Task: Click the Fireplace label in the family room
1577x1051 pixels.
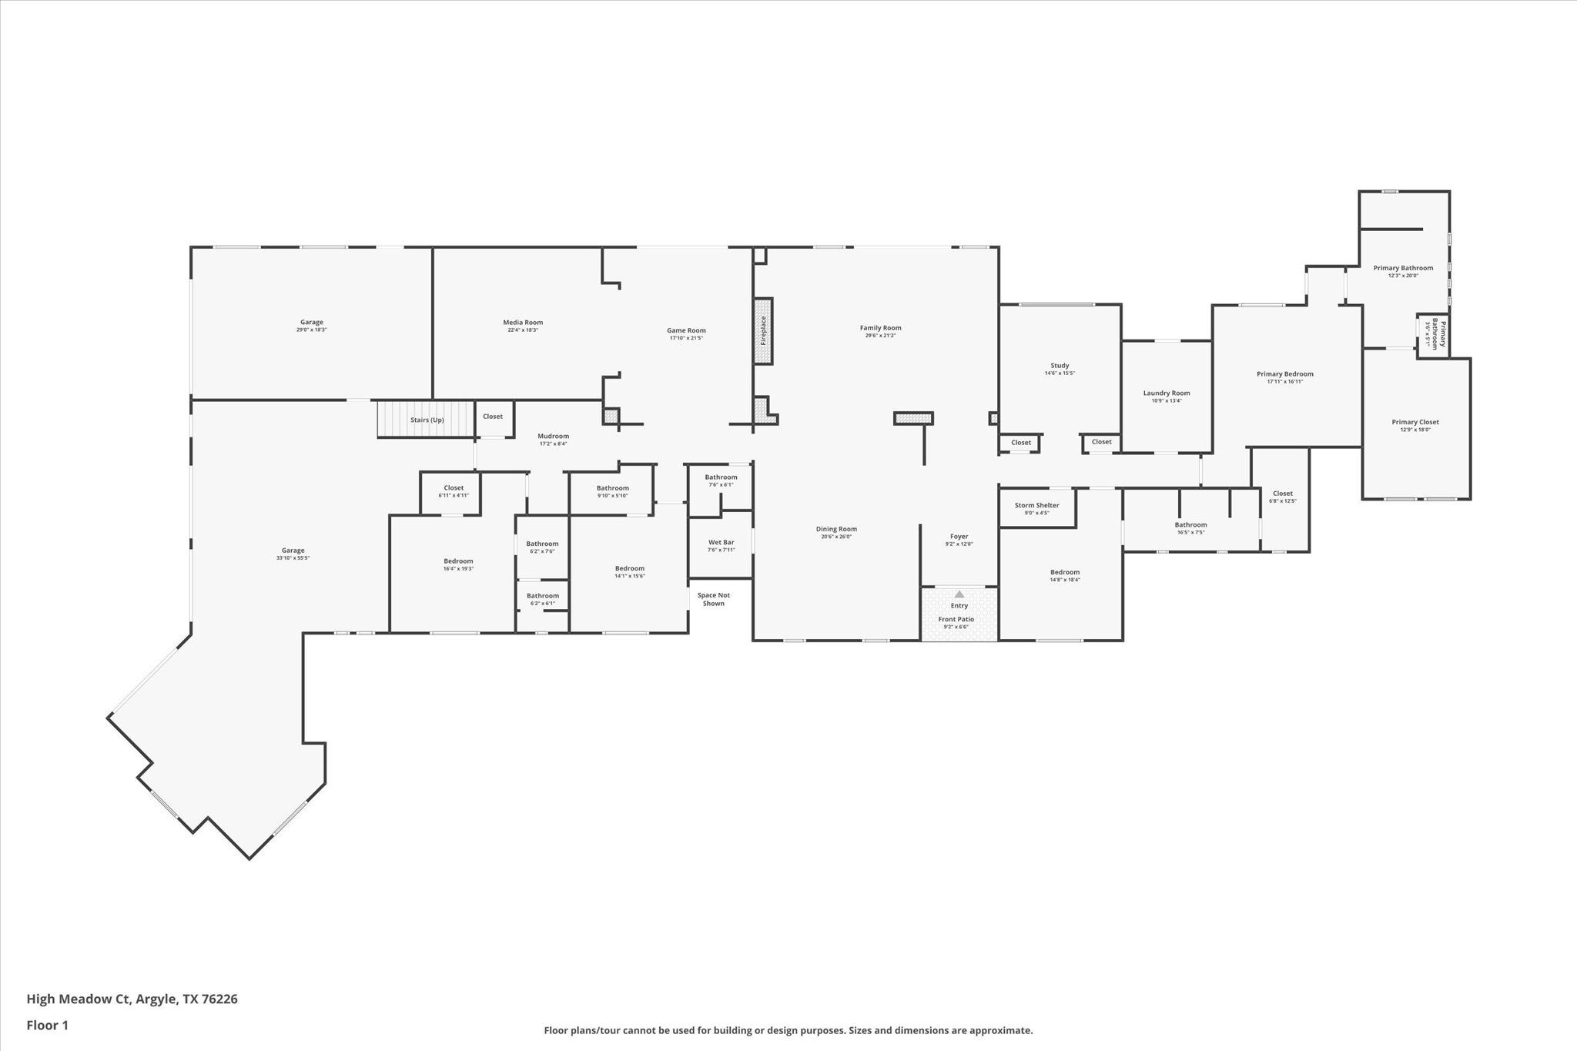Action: click(763, 330)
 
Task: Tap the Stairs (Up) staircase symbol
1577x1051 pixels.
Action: click(426, 420)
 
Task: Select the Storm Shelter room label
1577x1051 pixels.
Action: click(1036, 506)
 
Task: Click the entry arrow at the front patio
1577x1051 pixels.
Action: click(959, 594)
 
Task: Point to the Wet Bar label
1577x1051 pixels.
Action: click(721, 543)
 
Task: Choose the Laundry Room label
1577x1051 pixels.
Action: click(1166, 393)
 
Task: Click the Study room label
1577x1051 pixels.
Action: click(1060, 366)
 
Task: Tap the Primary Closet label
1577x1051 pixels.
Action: click(1415, 422)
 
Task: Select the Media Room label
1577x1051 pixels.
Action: click(523, 323)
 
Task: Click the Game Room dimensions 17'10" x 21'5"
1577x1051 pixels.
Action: click(685, 338)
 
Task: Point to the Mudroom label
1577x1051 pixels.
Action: click(553, 437)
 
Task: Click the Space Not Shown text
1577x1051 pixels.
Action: click(713, 599)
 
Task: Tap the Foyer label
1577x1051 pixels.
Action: click(959, 537)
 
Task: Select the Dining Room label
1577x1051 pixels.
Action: click(836, 529)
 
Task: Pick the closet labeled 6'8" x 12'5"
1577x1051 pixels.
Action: click(1282, 497)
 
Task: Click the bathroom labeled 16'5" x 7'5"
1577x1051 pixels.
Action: click(1190, 528)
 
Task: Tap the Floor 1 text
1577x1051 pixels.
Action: click(48, 1026)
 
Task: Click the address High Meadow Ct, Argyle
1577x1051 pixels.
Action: click(132, 999)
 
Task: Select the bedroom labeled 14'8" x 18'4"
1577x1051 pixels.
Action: click(1065, 575)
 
